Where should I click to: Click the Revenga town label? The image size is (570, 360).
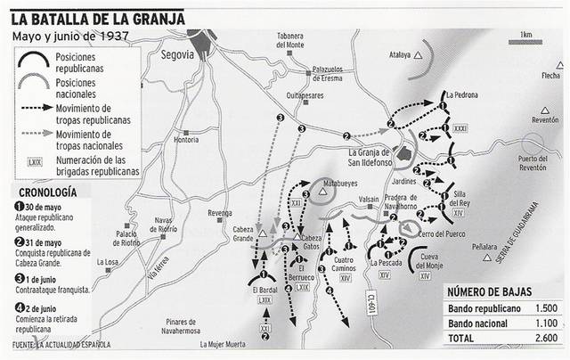tap(217, 214)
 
